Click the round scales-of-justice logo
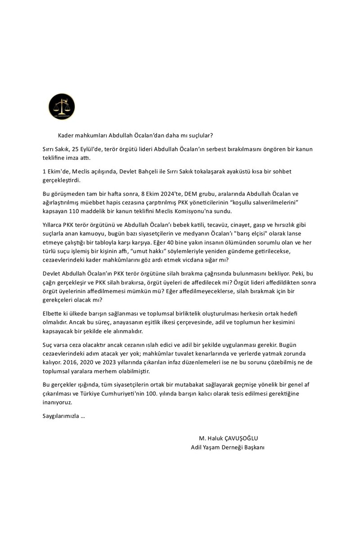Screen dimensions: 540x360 click(x=62, y=107)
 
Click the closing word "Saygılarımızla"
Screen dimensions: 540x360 click(x=58, y=416)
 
